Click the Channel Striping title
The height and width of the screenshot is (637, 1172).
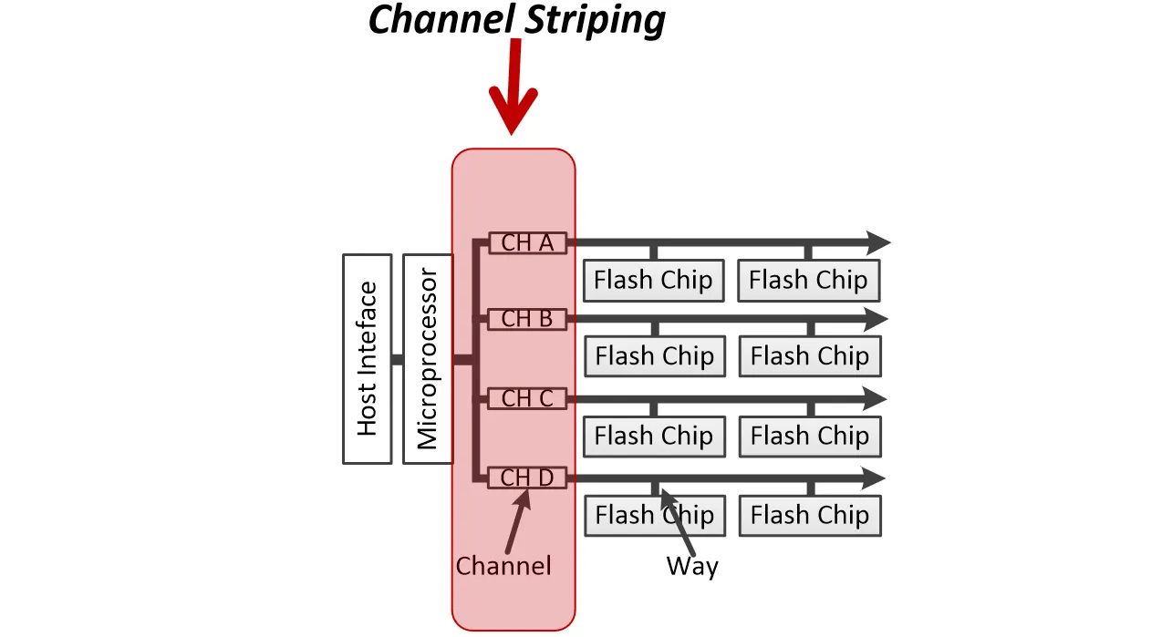(x=516, y=19)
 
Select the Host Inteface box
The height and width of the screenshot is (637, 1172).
(x=368, y=359)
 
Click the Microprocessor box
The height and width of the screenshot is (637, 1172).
(x=428, y=359)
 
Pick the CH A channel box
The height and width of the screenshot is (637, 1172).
(x=527, y=242)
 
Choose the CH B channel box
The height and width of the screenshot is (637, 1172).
(x=527, y=319)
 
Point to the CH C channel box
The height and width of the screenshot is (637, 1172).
(x=527, y=398)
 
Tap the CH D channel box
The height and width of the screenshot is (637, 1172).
(x=527, y=478)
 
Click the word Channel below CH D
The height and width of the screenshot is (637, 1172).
(x=503, y=566)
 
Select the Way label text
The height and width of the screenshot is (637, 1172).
(x=692, y=566)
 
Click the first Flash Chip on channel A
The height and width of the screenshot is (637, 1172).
(x=653, y=280)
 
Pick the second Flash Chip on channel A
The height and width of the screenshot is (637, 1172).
(x=808, y=280)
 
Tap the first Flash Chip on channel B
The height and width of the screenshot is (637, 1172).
(x=655, y=356)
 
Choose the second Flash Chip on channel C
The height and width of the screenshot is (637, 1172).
(x=810, y=437)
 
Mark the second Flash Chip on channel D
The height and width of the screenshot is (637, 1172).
(x=810, y=516)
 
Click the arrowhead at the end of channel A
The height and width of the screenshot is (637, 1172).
(x=876, y=242)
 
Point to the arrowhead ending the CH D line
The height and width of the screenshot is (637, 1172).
(x=874, y=478)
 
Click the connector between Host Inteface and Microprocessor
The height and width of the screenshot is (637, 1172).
(x=398, y=360)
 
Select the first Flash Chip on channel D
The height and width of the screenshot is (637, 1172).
(x=655, y=516)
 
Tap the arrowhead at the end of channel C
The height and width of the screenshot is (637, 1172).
(x=875, y=399)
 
